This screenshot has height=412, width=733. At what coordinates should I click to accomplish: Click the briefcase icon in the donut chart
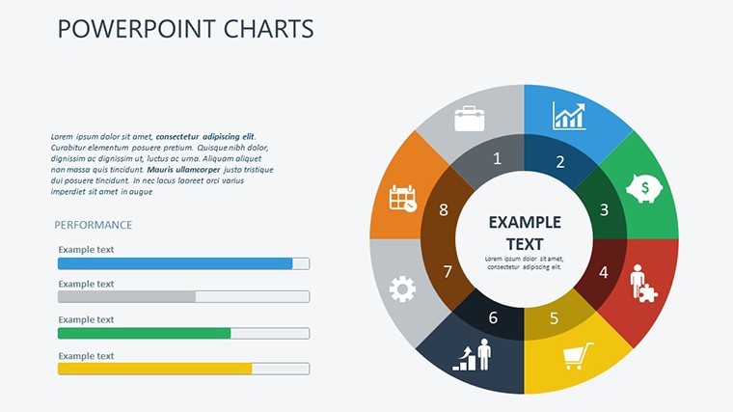(x=470, y=119)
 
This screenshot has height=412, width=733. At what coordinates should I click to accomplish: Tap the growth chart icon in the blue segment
(x=568, y=116)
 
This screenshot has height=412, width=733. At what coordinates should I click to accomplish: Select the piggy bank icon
(x=644, y=188)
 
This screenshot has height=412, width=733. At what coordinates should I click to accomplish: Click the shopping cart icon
(x=578, y=356)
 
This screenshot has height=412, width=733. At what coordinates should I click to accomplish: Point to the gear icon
(x=402, y=289)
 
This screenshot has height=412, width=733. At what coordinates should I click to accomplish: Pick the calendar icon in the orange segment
(x=402, y=199)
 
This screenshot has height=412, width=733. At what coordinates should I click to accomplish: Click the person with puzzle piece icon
(x=643, y=284)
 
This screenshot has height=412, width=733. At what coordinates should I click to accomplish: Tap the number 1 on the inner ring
(x=497, y=158)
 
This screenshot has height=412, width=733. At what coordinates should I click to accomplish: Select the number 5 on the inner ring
(x=554, y=318)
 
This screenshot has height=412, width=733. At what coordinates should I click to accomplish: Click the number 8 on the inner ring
(x=444, y=210)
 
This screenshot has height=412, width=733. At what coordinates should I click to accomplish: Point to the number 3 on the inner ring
(x=604, y=209)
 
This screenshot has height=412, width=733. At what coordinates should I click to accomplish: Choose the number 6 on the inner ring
(x=493, y=317)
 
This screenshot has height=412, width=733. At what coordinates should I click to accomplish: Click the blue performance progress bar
(x=175, y=263)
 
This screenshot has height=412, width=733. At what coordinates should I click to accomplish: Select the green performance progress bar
(x=144, y=333)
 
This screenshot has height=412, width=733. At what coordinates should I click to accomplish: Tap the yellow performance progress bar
(x=154, y=369)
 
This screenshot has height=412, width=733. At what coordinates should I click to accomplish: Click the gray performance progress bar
(x=126, y=296)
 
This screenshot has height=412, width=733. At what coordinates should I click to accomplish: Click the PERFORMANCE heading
(x=93, y=225)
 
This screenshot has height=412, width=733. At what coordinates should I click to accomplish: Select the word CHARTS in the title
(x=268, y=29)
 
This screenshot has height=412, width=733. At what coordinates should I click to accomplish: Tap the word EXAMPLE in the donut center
(x=525, y=222)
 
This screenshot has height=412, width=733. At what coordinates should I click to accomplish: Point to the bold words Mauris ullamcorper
(x=183, y=169)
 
